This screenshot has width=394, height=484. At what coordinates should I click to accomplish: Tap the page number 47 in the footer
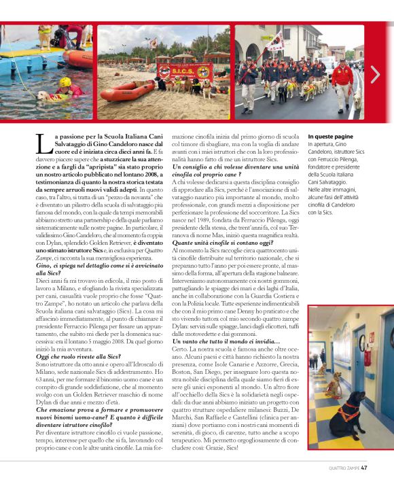click(364, 467)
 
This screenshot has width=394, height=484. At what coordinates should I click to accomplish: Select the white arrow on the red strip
click(376, 74)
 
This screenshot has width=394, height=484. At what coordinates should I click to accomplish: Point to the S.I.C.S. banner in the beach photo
click(184, 71)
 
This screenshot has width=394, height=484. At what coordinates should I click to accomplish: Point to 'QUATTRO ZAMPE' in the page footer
click(343, 467)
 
